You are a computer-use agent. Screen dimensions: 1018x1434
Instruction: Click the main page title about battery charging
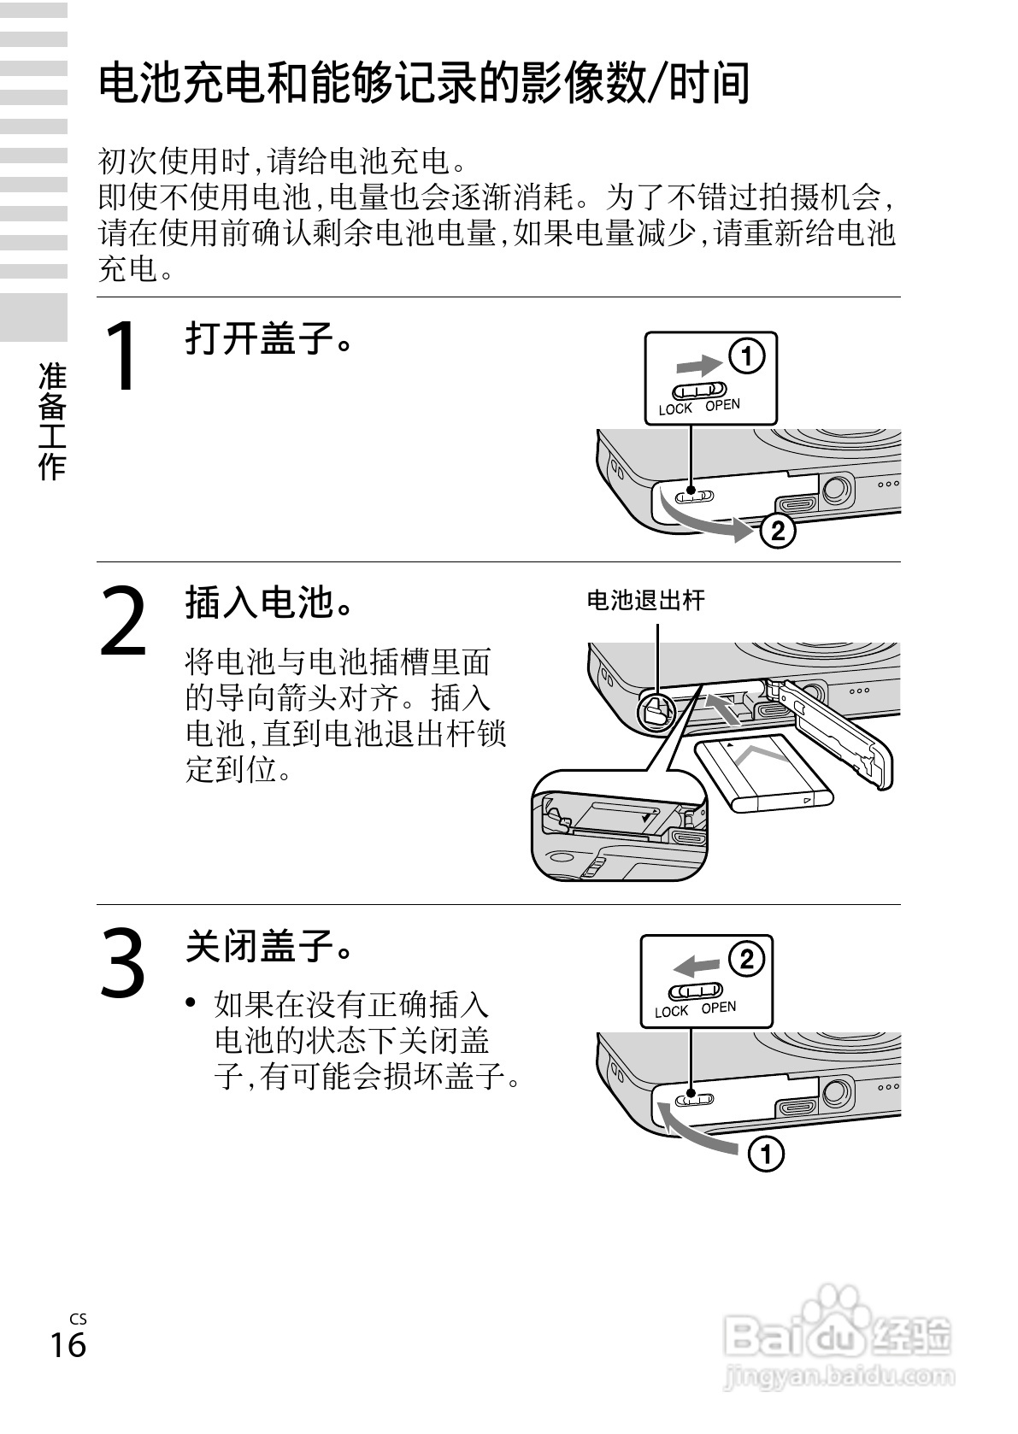[x=424, y=84]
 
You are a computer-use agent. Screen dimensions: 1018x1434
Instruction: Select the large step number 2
[x=125, y=621]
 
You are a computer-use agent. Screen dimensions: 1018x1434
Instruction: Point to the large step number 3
[x=124, y=964]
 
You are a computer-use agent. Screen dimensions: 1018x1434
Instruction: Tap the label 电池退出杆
[x=645, y=601]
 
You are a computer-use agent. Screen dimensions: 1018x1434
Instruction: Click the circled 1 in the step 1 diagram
[x=746, y=356]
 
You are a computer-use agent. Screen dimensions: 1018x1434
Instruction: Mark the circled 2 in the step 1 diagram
[x=776, y=532]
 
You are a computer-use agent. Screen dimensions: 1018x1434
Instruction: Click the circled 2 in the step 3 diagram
[x=745, y=959]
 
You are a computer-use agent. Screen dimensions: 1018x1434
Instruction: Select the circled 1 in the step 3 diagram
[x=766, y=1155]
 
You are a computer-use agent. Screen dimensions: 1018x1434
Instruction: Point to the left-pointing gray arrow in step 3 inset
[x=696, y=967]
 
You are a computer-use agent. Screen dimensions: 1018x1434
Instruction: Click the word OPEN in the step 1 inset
[x=722, y=405]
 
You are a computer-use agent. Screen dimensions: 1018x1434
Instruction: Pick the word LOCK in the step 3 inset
[x=672, y=1012]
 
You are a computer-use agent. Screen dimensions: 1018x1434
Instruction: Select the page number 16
[x=68, y=1344]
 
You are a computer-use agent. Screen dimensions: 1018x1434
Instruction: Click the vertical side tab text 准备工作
[x=52, y=420]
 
